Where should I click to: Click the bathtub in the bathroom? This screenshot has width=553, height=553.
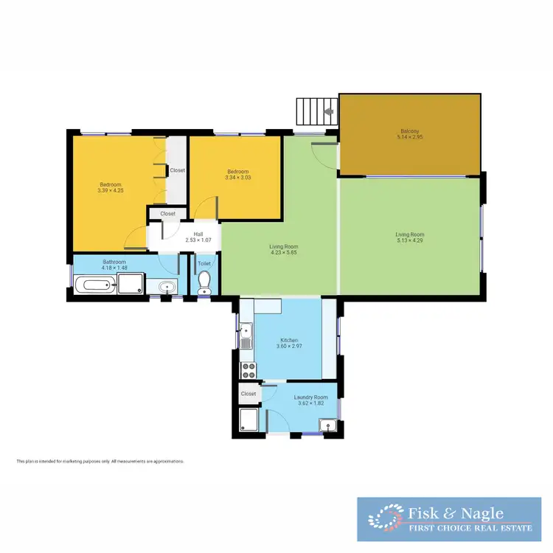pos(97,285)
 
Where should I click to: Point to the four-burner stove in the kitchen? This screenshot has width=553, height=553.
pos(248,369)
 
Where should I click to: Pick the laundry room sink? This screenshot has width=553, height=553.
pos(326,423)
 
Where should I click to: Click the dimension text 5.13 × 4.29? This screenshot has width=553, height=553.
pos(409,240)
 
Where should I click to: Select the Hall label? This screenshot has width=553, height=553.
pos(198,234)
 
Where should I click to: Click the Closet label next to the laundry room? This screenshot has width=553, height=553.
pos(248,394)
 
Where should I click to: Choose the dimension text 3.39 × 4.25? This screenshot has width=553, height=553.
pos(110,190)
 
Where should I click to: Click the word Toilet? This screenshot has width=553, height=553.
pos(204,263)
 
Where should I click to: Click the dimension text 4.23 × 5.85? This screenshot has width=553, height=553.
pos(284,253)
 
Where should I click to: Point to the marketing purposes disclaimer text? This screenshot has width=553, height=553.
pos(100,461)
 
